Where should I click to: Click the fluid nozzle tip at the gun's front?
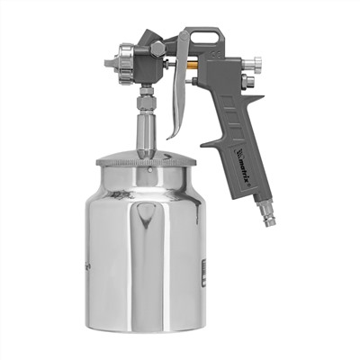(111, 64)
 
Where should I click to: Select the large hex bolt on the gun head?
(157, 49)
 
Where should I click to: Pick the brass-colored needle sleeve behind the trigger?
(191, 65)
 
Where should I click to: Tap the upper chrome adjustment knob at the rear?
(253, 64)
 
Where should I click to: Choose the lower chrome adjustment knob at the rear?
(248, 81)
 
